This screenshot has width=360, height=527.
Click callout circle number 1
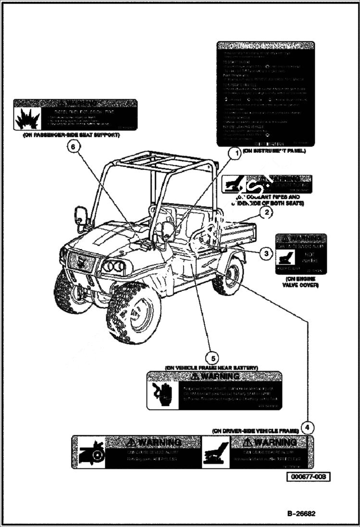pyautogui.click(x=234, y=153)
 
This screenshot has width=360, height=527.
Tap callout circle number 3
pyautogui.click(x=266, y=252)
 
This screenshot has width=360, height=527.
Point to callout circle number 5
pyautogui.click(x=211, y=357)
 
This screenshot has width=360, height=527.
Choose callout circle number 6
pyautogui.click(x=73, y=147)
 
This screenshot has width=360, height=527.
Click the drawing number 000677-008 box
pyautogui.click(x=309, y=477)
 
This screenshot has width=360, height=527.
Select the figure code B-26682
pyautogui.click(x=301, y=513)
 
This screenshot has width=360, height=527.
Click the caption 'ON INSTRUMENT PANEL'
pyautogui.click(x=274, y=151)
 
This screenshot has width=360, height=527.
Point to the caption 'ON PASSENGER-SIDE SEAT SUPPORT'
pyautogui.click(x=71, y=135)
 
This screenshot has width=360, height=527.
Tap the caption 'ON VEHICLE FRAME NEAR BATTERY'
pyautogui.click(x=211, y=368)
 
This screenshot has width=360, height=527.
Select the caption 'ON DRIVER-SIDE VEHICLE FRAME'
pyautogui.click(x=255, y=431)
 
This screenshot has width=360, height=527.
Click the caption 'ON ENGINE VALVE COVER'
pyautogui.click(x=301, y=282)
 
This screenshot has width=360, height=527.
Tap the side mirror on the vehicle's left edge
pyautogui.click(x=81, y=216)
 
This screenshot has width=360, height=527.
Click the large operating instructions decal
pyautogui.click(x=265, y=94)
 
